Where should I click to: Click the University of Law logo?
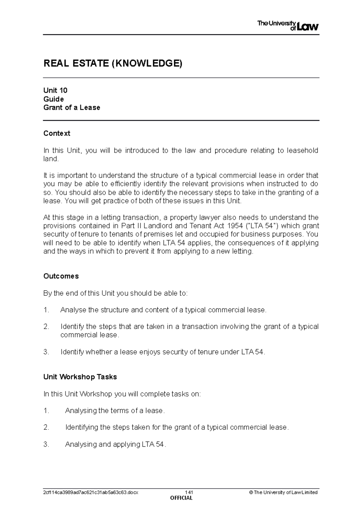coord(288,26)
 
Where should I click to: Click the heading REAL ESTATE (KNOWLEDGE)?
coord(113,63)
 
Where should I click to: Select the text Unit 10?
coord(55,90)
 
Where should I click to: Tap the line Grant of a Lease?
coord(71,108)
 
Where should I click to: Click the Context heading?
coord(57,133)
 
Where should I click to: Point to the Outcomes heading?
coord(61,276)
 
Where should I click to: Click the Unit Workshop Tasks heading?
coord(80,377)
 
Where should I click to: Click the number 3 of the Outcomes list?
coord(46,352)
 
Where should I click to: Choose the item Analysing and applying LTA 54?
coord(115,444)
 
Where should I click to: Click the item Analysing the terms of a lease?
coord(115,411)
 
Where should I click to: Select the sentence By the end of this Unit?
coord(115,293)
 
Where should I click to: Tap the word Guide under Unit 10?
coord(53,99)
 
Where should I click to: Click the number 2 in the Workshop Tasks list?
coord(46,428)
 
